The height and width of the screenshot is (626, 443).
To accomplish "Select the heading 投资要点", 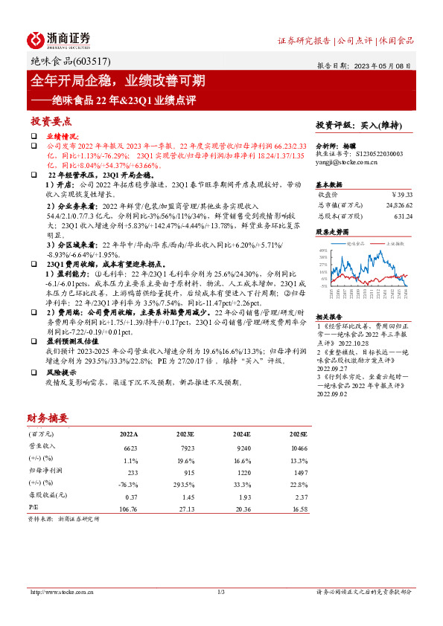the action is click(51, 120).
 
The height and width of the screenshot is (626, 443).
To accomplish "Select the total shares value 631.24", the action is click(403, 216).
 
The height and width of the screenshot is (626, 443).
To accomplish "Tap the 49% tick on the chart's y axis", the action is click(323, 251).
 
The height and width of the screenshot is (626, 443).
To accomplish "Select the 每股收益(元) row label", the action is click(47, 497).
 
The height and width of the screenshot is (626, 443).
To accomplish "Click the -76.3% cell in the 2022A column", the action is click(129, 484).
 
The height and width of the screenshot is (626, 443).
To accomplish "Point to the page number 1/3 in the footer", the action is click(221, 592).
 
